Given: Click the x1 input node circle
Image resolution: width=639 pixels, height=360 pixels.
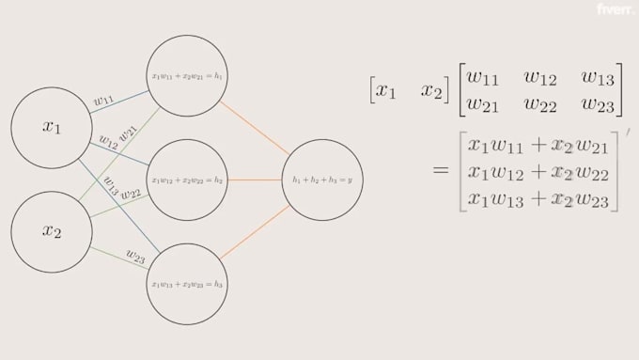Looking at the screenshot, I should click(52, 128).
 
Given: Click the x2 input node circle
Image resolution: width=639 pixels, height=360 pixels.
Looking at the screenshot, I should click(52, 231).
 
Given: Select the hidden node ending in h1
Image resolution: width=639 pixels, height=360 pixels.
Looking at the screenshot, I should click(188, 75).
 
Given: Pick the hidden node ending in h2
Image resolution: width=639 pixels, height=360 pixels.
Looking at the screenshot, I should click(188, 179).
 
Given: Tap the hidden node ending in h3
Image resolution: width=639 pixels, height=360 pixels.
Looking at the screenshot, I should click(188, 283).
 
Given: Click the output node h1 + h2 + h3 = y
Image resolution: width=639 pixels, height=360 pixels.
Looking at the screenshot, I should click(322, 179).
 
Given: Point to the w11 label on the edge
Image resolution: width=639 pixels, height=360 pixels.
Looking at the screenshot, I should click(104, 100).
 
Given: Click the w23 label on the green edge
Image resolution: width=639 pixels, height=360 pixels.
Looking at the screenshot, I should click(135, 258).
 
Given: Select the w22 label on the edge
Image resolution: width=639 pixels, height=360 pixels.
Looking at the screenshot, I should click(131, 194).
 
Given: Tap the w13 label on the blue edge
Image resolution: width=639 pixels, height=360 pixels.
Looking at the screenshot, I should click(111, 184).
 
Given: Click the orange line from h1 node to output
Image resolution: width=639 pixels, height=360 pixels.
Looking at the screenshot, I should click(254, 127).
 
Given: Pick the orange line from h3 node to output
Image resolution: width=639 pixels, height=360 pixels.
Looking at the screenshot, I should click(254, 231).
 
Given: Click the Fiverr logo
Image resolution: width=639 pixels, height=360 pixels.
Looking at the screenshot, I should click(616, 9).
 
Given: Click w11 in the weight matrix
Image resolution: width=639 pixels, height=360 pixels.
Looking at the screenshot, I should click(488, 76).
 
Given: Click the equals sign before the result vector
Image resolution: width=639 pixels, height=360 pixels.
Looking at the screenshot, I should click(441, 171).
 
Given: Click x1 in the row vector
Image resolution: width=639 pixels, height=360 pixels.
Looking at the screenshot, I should click(386, 90).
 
